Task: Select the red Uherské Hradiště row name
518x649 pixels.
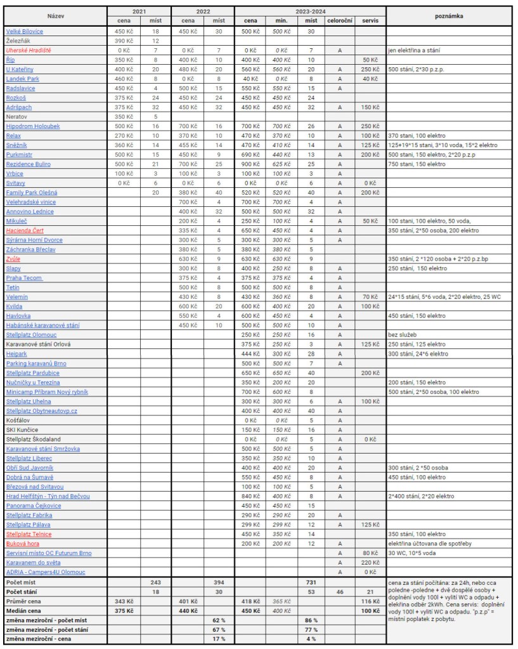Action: pos(29,50)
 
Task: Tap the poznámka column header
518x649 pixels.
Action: pos(448,15)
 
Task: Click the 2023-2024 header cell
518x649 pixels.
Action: pos(309,11)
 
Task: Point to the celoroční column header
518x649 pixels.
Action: pos(339,21)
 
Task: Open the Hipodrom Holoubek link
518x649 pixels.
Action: pos(32,126)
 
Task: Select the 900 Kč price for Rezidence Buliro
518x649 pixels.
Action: pos(249,164)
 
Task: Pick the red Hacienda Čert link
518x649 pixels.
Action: pos(25,230)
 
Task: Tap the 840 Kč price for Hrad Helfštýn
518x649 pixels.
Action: pos(249,496)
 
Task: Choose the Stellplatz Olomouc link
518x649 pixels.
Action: pos(31,334)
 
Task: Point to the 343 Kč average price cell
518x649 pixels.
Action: pos(123,601)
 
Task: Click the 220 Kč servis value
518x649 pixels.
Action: pos(370,562)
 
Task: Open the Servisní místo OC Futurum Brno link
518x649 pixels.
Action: pos(49,553)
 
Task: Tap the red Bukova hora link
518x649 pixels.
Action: pos(23,544)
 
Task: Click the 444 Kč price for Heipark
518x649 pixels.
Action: pos(249,353)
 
